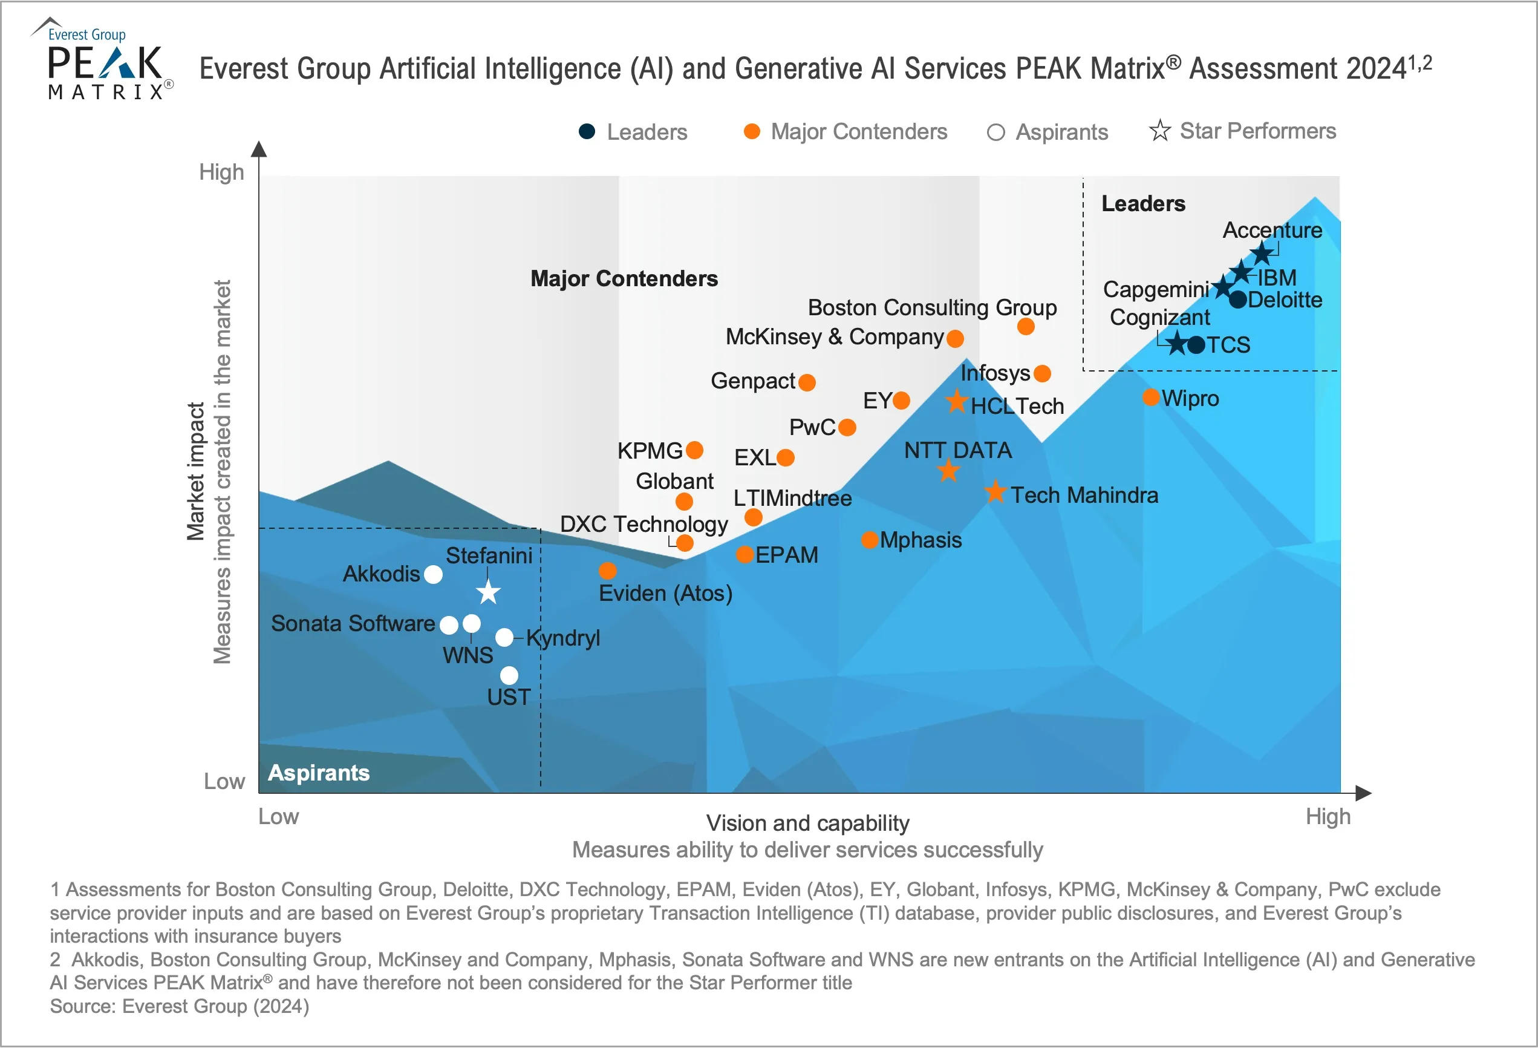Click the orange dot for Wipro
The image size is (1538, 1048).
click(x=1151, y=397)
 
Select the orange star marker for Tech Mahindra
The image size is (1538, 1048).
click(x=995, y=491)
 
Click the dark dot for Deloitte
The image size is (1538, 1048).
click(x=1237, y=300)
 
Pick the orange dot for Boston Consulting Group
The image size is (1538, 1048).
click(x=1026, y=326)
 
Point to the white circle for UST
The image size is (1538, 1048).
click(x=509, y=675)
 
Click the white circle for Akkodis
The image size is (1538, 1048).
click(x=433, y=574)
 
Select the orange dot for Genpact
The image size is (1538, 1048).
click(x=807, y=382)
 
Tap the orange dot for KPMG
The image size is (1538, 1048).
click(x=694, y=450)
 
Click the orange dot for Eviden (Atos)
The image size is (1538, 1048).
click(x=608, y=570)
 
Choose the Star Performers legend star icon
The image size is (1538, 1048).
click(x=1159, y=131)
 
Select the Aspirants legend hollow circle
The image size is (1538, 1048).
click(x=995, y=133)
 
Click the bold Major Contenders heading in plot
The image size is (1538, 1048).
click(x=624, y=279)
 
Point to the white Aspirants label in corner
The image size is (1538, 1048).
click(x=318, y=773)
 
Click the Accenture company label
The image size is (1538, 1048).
click(x=1272, y=230)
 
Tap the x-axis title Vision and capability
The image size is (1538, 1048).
click(x=807, y=823)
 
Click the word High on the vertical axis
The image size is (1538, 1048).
click(x=222, y=172)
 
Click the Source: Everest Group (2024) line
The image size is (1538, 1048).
click(x=180, y=1006)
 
